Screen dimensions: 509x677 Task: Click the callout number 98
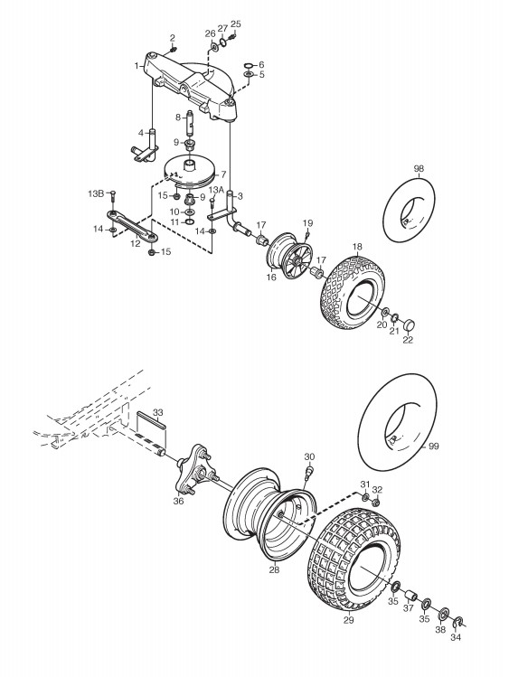point(419,168)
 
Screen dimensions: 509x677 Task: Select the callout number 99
point(433,447)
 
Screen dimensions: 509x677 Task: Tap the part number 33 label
point(158,412)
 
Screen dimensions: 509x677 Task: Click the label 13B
point(96,193)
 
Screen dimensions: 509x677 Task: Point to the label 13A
point(216,190)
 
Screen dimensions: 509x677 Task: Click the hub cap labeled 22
point(410,324)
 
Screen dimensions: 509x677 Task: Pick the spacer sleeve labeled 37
point(411,598)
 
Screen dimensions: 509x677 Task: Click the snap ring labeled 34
point(457,622)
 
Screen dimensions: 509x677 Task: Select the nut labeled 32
point(375,503)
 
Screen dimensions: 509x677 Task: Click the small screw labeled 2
point(173,49)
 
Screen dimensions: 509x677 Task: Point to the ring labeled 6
point(249,66)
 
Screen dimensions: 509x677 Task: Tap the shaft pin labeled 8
point(191,123)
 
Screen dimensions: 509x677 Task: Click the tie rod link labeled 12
point(132,224)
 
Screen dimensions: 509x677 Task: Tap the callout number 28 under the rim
point(274,569)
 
